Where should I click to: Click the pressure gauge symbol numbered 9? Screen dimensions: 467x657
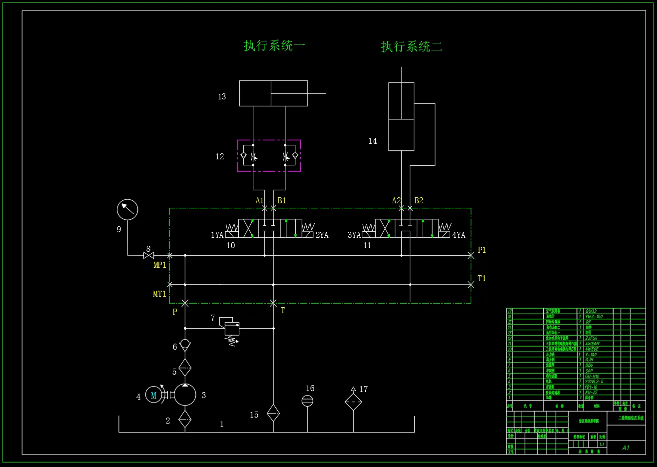[127, 209]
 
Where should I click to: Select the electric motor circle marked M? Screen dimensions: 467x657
[154, 395]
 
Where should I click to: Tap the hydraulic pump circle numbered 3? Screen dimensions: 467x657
[185, 395]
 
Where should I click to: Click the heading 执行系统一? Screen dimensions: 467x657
[274, 46]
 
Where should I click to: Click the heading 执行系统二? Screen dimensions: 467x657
[412, 47]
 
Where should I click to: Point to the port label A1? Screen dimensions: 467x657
[260, 200]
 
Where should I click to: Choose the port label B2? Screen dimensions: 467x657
[419, 200]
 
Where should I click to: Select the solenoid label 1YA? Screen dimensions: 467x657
[217, 235]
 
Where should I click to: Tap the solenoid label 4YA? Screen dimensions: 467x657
[459, 235]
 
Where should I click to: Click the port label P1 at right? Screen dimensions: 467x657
[482, 250]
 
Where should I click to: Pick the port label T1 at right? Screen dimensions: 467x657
[482, 278]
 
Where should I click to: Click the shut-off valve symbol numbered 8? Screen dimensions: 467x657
[148, 255]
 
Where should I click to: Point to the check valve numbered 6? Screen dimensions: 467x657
[185, 344]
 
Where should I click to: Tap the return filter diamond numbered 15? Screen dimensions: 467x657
[273, 413]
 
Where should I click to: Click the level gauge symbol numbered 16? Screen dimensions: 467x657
[307, 401]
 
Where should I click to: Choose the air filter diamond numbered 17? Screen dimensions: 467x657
[353, 401]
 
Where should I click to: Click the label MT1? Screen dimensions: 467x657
[159, 294]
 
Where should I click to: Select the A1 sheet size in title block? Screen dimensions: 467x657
[626, 448]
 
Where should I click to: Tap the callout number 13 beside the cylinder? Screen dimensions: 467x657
[222, 96]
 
